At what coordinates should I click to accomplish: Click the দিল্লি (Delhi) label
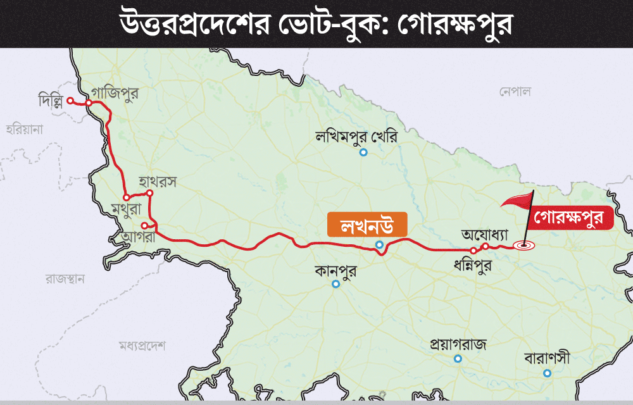point(51,101)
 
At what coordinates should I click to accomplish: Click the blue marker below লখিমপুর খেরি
point(363,153)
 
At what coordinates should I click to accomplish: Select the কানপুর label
point(335,271)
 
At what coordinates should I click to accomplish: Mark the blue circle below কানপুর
point(336,284)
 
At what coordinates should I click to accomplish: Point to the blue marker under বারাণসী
point(547,373)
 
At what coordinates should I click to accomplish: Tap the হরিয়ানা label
point(23,130)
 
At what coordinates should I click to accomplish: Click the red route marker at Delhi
point(70,101)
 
